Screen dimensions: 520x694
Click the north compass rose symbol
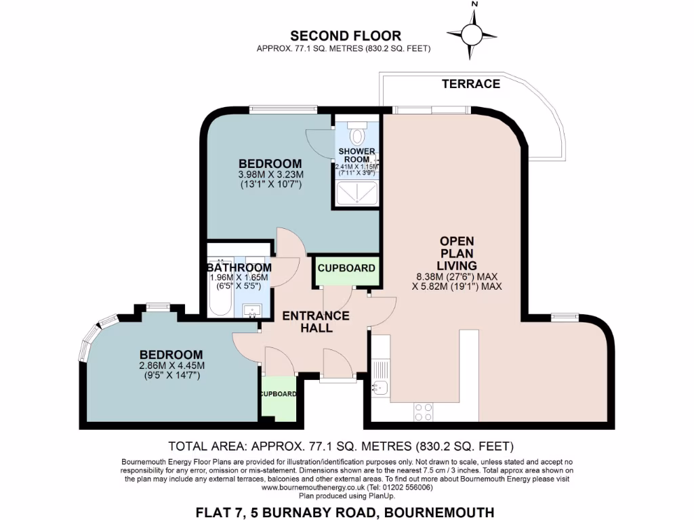click(x=473, y=32)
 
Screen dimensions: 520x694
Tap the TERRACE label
click(x=471, y=84)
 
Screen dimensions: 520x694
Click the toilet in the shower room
click(x=358, y=133)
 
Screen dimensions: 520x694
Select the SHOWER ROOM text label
click(x=357, y=154)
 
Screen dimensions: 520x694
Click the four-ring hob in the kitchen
click(x=424, y=412)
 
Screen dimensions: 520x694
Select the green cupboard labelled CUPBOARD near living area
click(x=346, y=268)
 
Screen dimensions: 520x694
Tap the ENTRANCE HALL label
click(x=316, y=322)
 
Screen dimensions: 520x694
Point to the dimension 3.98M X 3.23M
click(x=270, y=174)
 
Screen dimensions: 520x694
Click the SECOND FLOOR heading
click(x=346, y=36)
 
